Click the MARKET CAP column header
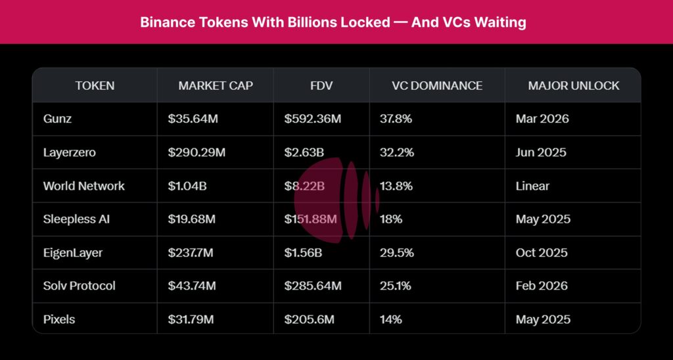pos(215,85)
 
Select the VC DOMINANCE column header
pos(436,85)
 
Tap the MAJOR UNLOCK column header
pos(573,85)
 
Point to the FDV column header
pos(321,85)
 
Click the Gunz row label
pos(58,119)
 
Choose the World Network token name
pos(83,186)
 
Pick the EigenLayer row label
pos(72,252)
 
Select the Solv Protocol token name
pos(79,286)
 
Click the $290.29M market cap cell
pos(197,152)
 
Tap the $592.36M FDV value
pos(312,119)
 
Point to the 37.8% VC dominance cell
pos(396,119)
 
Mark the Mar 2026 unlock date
pos(542,119)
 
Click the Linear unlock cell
pos(532,186)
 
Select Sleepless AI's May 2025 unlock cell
pos(543,219)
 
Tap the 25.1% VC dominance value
pos(396,286)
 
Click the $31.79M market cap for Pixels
pos(191,319)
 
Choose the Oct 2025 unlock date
pos(542,252)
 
